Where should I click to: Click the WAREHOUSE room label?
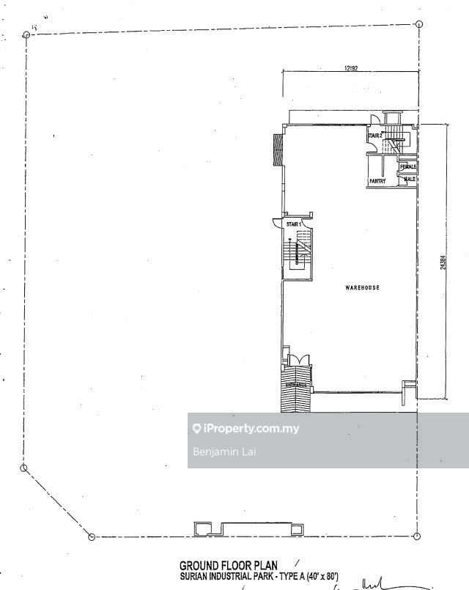coord(362,288)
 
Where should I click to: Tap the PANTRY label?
coord(377,180)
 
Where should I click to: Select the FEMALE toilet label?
coord(408,167)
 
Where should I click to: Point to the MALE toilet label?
coord(410,178)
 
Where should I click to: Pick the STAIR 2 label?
coord(375,136)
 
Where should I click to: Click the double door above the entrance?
coord(299,359)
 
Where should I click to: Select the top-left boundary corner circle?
coord(26,34)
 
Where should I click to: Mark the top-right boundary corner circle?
coord(418,23)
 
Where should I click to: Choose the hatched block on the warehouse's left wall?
coord(278,150)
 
